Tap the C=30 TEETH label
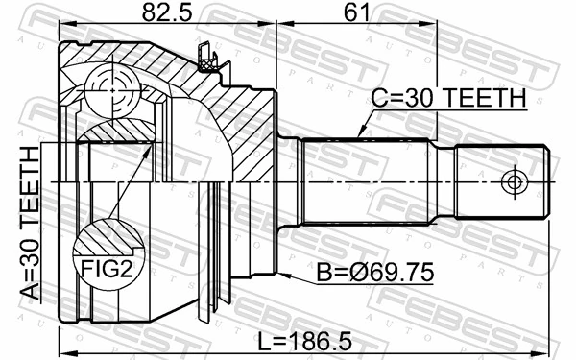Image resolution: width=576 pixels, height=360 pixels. pyautogui.click(x=448, y=98)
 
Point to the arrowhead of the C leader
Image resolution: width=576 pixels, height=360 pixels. pyautogui.click(x=357, y=134)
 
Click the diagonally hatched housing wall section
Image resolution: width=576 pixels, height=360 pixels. pyautogui.click(x=240, y=125)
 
